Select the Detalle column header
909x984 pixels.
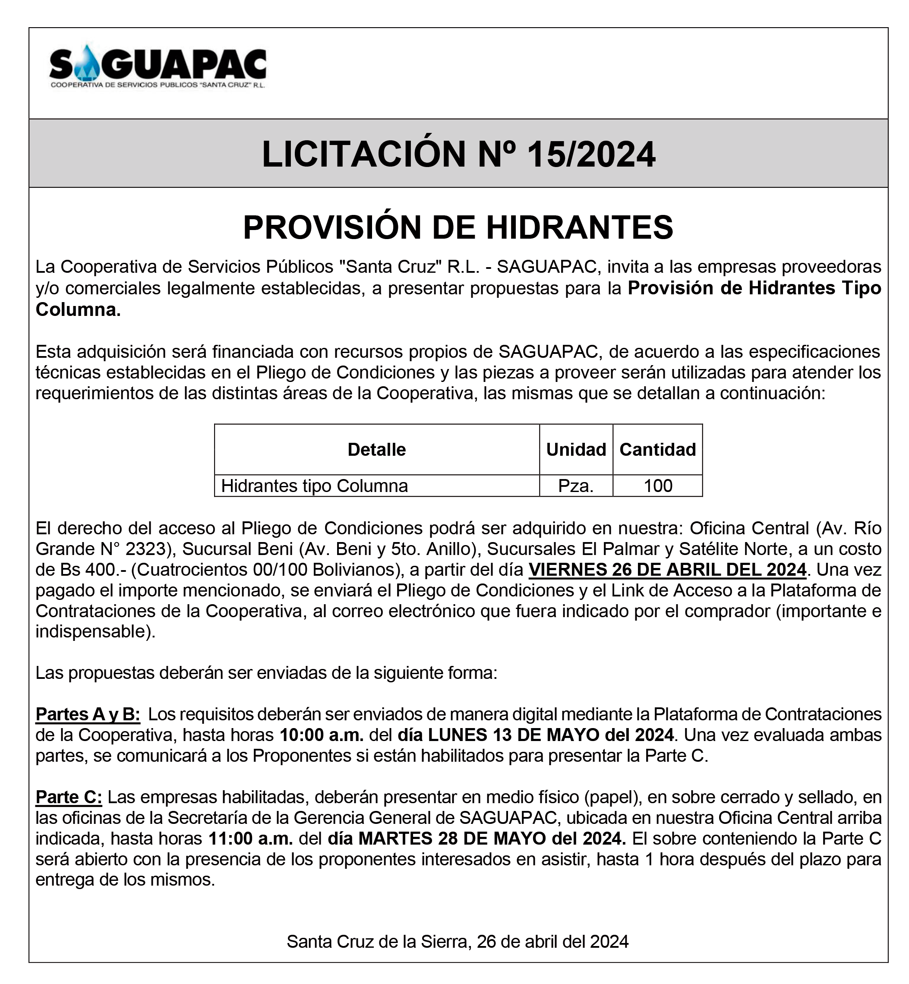[x=376, y=449]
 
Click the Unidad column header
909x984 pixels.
[x=576, y=449]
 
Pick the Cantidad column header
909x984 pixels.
[x=658, y=449]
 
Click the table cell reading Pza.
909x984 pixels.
[x=575, y=486]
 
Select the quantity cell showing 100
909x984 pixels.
[x=658, y=486]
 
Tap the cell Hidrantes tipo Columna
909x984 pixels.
[x=314, y=486]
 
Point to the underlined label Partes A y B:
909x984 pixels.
[x=88, y=714]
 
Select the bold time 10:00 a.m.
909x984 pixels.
[x=322, y=735]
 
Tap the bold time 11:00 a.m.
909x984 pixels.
[x=250, y=839]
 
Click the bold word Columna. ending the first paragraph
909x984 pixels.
[x=78, y=310]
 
